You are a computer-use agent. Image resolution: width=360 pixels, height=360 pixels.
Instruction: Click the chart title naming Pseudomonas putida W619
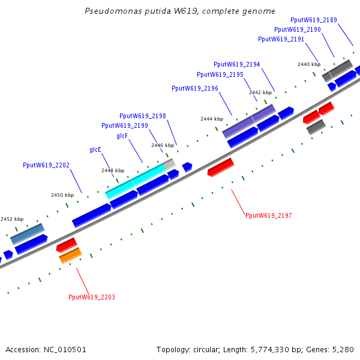point(180,11)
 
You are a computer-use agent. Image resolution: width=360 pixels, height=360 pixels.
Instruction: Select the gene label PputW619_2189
point(314,20)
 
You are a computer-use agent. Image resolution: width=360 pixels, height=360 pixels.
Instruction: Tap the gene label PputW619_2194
point(237,64)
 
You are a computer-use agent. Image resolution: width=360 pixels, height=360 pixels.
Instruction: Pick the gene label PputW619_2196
point(195,88)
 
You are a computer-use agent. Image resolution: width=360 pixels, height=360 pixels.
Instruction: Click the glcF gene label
point(122,136)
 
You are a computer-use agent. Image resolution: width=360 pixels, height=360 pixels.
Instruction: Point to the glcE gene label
point(95,149)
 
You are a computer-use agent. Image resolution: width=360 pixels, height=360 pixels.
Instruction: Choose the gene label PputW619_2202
point(46,165)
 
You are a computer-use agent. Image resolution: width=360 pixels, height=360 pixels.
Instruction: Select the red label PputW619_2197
point(269,215)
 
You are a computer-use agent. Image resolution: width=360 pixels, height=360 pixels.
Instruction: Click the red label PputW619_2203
point(92,297)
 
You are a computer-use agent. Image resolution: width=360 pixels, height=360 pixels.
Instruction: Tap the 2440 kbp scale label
point(309,64)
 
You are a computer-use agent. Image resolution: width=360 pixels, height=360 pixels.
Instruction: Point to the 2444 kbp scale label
point(212,119)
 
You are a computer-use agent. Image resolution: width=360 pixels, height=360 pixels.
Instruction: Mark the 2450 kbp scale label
point(62,195)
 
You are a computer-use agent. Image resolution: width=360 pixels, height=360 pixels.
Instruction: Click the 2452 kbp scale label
point(12,219)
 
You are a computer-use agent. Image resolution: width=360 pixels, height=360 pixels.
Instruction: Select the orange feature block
point(70,256)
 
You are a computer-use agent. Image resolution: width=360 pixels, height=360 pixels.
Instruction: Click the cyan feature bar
point(135,181)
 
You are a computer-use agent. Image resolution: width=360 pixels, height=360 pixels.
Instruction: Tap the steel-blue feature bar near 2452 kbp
point(28,234)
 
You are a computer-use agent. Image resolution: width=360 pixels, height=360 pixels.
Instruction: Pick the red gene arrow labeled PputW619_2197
point(221,167)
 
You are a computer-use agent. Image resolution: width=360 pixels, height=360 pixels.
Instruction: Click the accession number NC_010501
point(65,350)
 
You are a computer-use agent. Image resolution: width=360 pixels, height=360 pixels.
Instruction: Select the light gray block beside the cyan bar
point(169,164)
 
